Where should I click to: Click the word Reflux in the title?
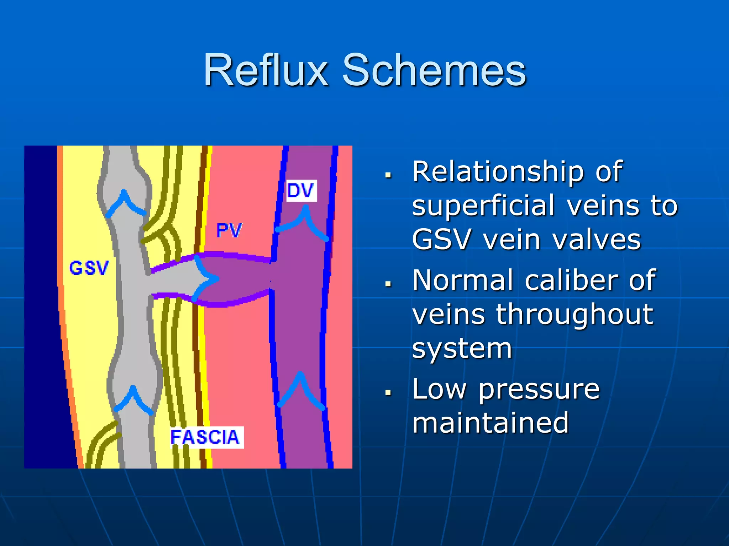265,70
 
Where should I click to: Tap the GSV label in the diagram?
89,268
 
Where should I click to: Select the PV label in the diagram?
229,230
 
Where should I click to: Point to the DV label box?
301,191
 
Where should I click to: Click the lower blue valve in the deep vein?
301,389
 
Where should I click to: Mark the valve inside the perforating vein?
204,279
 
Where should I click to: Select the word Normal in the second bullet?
462,280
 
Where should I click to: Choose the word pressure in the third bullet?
539,389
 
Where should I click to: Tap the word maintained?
490,423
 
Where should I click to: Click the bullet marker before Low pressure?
388,392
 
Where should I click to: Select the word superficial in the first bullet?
483,206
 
